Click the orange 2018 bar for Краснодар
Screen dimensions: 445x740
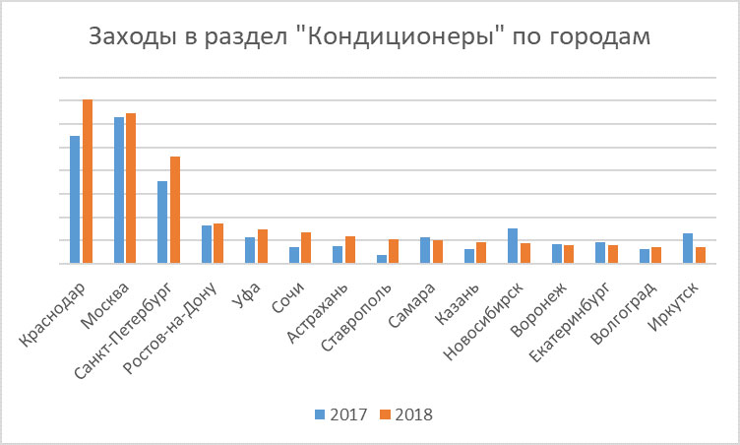pos(88,182)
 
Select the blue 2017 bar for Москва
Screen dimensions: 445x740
pos(119,190)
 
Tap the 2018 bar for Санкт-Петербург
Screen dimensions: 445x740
pos(175,210)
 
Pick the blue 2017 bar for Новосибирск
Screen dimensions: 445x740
pos(513,246)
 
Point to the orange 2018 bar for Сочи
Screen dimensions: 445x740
pos(306,248)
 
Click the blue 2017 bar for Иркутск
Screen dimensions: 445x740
pos(688,248)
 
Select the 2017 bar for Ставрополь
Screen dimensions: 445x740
pos(382,259)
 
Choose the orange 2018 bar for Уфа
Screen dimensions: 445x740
pos(263,246)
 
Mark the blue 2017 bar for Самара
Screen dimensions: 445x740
pos(425,250)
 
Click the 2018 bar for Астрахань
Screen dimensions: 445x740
pos(350,250)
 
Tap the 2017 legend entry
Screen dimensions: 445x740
pos(340,414)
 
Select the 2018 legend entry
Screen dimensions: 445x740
pos(406,414)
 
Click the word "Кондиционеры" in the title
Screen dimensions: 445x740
pos(395,38)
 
